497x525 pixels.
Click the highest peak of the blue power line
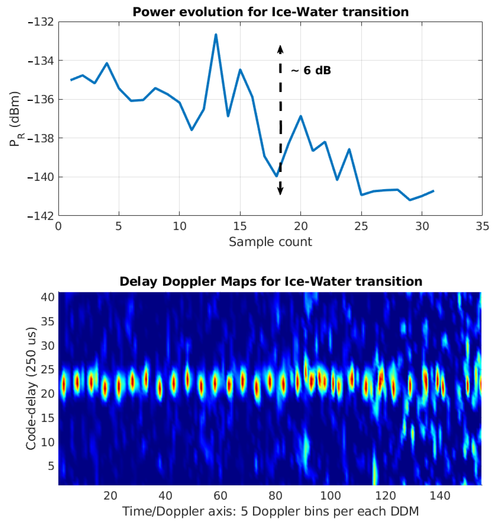click(216, 35)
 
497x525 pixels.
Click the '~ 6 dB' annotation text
click(311, 70)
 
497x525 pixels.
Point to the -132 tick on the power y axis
click(40, 22)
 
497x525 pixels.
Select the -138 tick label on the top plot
click(40, 138)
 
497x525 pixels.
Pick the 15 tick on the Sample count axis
click(240, 227)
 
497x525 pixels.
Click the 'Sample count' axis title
click(270, 242)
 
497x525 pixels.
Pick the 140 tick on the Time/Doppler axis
click(440, 495)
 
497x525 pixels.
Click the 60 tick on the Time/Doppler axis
click(220, 495)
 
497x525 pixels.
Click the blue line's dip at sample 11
click(192, 130)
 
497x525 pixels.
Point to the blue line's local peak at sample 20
click(301, 116)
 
